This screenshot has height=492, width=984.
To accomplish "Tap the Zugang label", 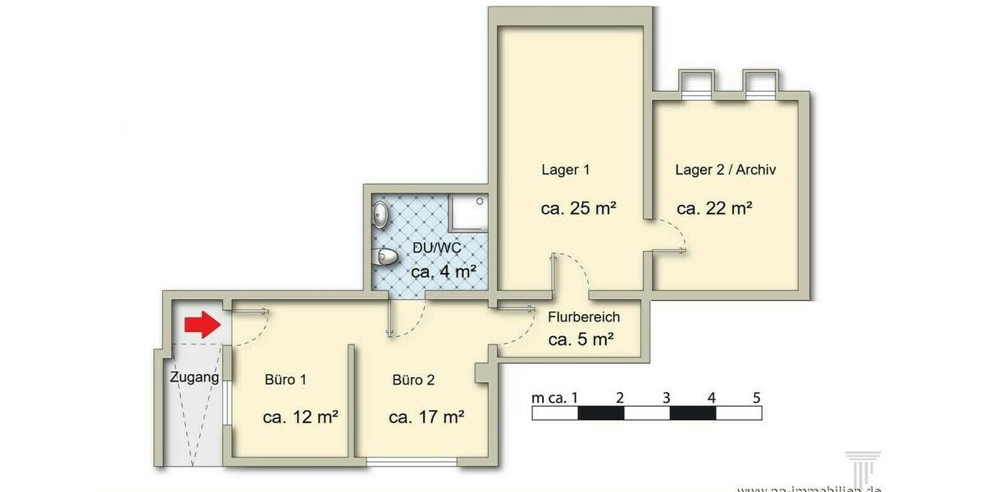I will coord(194,378).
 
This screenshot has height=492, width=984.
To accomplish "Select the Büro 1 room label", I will coord(285,380).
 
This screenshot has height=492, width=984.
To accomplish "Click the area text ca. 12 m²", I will coord(301,417).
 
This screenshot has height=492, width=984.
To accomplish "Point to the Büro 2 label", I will coord(413,380).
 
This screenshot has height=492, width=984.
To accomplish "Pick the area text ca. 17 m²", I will coord(426,417).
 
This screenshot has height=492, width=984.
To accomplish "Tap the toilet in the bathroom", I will coord(384,258).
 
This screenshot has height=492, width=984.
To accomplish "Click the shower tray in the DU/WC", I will coord(467,214).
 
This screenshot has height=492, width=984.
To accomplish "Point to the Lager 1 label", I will coord(566,171).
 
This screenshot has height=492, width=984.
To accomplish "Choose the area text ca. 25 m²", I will coord(578,207).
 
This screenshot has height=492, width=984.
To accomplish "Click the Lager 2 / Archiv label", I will coord(725,171).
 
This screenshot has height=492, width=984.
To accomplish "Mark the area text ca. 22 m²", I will coord(714,207).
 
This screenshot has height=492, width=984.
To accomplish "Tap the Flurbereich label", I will coord(583,317).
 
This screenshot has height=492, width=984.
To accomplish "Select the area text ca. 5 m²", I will coord(581,339).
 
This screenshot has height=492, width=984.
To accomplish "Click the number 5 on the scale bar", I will coord(756,398).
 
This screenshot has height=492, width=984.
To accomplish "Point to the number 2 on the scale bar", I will coord(620,398).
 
